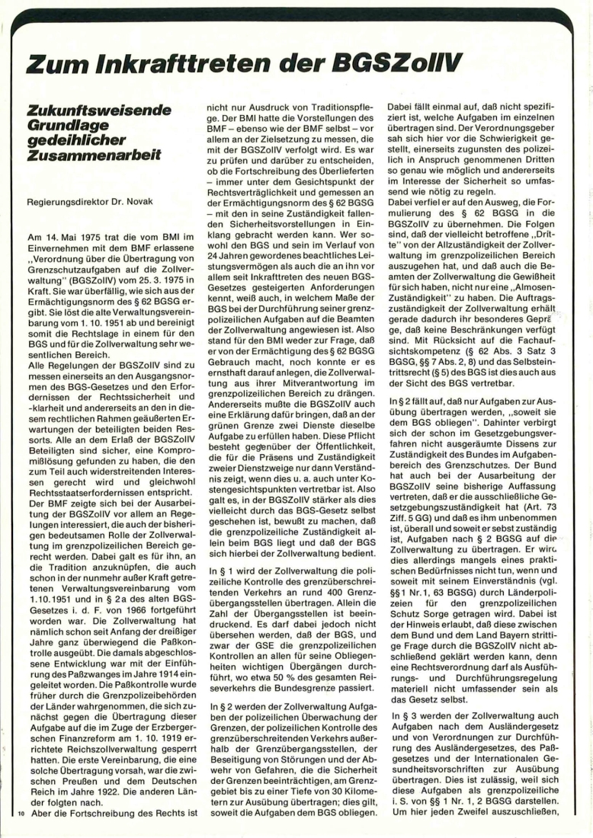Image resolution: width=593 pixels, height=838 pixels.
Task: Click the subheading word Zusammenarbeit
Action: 94,155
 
